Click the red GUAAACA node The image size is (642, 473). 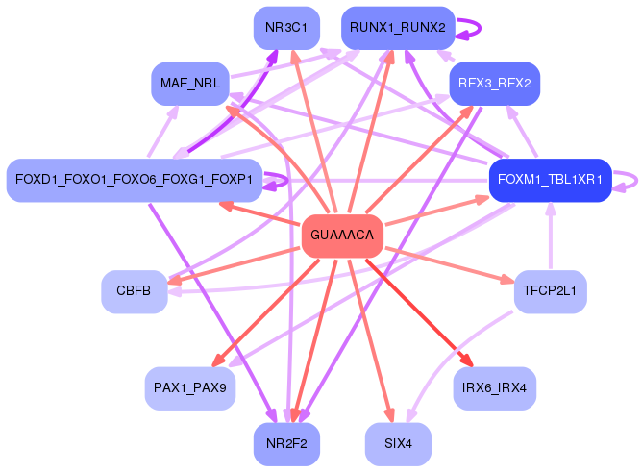click(x=342, y=236)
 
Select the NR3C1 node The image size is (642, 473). click(x=286, y=28)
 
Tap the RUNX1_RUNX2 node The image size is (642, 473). click(x=397, y=28)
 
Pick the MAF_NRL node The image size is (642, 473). click(x=189, y=84)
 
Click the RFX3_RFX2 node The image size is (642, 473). click(x=494, y=84)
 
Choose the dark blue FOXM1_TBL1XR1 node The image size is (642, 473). click(x=550, y=180)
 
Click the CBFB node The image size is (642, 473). click(x=134, y=291)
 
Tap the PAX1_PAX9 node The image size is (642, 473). click(x=189, y=388)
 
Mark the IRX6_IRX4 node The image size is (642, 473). click(x=494, y=388)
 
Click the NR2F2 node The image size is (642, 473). click(x=286, y=444)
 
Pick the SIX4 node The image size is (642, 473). click(x=397, y=444)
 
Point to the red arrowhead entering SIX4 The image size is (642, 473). click(x=389, y=415)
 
